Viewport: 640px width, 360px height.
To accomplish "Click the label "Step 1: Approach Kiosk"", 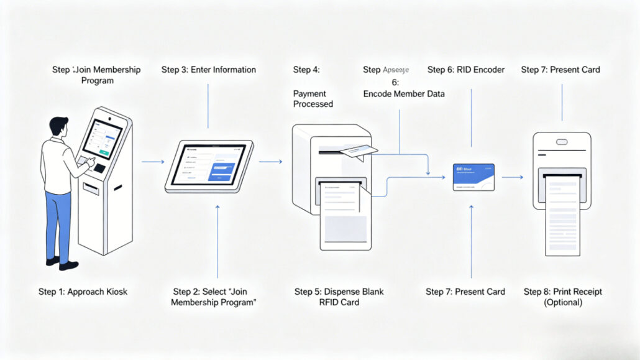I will pyautogui.click(x=83, y=292).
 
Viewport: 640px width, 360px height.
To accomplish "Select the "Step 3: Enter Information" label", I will pyautogui.click(x=208, y=70).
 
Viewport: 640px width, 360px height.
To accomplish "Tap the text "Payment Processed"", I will pyautogui.click(x=313, y=99).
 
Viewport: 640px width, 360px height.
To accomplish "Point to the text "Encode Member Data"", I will pyautogui.click(x=404, y=94).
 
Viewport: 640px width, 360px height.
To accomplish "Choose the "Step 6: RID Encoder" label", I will pyautogui.click(x=466, y=70).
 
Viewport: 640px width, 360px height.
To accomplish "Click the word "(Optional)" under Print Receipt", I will pyautogui.click(x=562, y=303).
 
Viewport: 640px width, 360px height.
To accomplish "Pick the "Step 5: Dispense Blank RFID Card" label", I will pyautogui.click(x=339, y=297).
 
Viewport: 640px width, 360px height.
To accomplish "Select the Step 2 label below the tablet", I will pyautogui.click(x=214, y=297).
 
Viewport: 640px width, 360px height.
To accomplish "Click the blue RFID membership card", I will pyautogui.click(x=473, y=177).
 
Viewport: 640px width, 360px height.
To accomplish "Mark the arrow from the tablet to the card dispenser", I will pyautogui.click(x=270, y=162).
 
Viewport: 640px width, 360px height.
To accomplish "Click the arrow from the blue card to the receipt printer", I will pyautogui.click(x=512, y=177).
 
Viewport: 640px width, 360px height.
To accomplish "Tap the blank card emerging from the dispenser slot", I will pyautogui.click(x=359, y=152).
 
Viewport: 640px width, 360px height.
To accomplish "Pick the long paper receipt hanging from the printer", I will pyautogui.click(x=562, y=218).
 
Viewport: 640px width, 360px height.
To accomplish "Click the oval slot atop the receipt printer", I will pyautogui.click(x=562, y=141).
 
